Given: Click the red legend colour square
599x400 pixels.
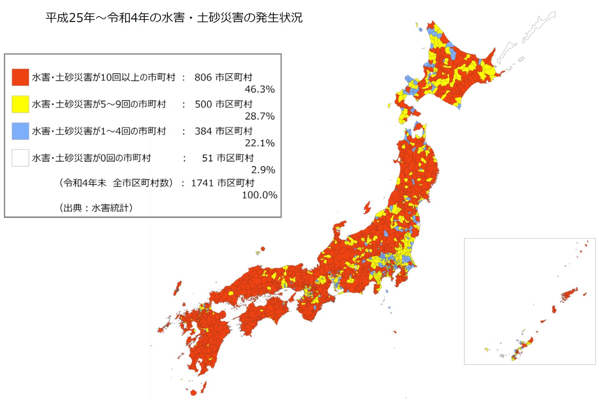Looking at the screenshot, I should [20, 77].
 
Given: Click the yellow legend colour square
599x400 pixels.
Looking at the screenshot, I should [20, 104].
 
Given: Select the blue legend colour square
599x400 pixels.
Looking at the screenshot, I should [20, 131].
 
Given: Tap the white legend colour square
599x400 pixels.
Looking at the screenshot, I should [20, 158].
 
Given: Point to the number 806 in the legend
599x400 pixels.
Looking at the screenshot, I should [203, 77].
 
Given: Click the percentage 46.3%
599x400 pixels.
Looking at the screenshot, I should [260, 89].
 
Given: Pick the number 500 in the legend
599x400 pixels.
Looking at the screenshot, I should [203, 104].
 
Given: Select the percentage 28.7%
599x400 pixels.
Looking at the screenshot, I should [260, 116].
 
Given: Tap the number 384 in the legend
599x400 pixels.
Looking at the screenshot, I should [203, 131].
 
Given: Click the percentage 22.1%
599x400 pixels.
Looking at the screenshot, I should [260, 143].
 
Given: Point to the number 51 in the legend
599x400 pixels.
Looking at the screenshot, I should [207, 158].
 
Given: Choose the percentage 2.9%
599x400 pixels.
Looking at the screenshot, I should [263, 170].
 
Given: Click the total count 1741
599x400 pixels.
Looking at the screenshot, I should [202, 183].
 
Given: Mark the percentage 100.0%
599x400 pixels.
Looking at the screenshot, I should [260, 195].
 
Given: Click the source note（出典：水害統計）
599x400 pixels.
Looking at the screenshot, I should [96, 208].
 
